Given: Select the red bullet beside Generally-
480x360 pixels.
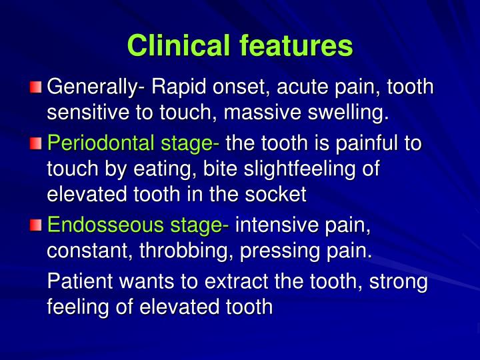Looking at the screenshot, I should click(x=36, y=87).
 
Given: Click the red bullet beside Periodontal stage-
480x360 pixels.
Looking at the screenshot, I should click(x=36, y=143).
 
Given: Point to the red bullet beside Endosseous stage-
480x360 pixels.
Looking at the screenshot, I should click(x=36, y=226).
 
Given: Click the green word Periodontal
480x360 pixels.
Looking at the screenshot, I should click(x=97, y=143).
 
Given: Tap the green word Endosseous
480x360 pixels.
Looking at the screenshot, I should click(x=100, y=226).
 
